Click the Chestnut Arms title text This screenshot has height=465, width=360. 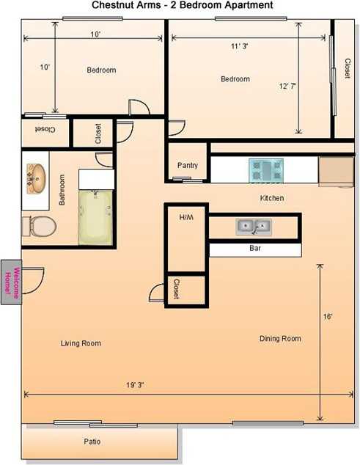point(183,5)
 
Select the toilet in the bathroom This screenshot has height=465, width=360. point(37,226)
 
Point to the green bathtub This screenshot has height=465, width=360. point(96,217)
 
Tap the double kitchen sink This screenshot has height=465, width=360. point(253,226)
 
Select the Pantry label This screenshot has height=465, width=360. point(188,166)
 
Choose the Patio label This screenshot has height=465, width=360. point(92,442)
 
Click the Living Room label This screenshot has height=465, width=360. point(81,343)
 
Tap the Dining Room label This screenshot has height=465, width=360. point(280,339)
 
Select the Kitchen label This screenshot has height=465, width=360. point(271,199)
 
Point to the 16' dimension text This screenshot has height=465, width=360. point(328,317)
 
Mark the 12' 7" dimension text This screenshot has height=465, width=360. point(288,86)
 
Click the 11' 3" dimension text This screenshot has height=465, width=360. point(239,47)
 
